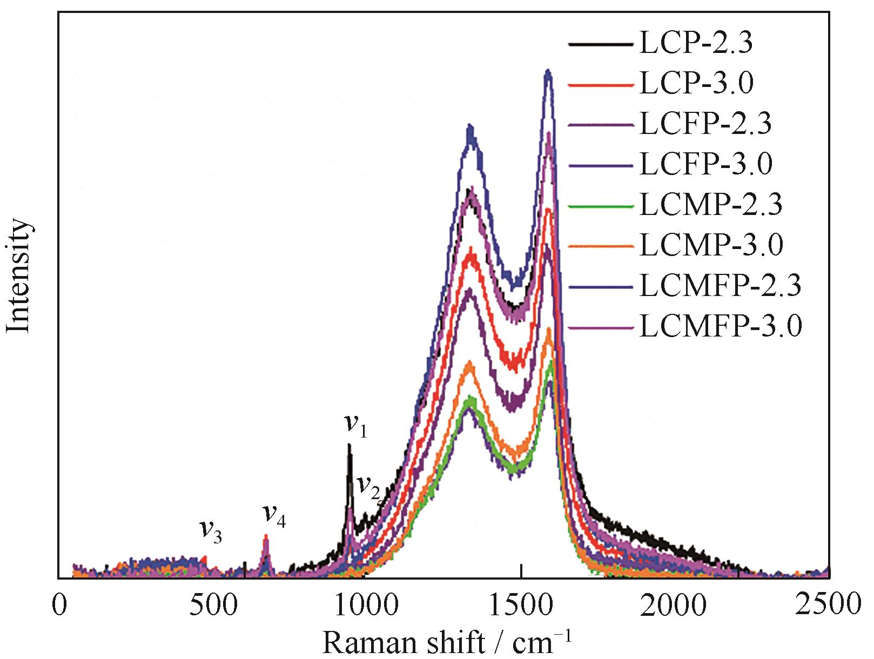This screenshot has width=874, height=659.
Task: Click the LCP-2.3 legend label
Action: (x=696, y=43)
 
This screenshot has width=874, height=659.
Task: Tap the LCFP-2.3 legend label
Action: (x=705, y=124)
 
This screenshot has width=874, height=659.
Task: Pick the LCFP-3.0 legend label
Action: (x=705, y=164)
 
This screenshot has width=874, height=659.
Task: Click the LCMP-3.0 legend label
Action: (x=710, y=245)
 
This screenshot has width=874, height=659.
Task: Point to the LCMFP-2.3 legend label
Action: (x=720, y=286)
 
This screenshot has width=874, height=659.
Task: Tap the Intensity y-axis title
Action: (x=19, y=276)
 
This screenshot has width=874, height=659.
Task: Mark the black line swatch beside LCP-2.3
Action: (x=600, y=44)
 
